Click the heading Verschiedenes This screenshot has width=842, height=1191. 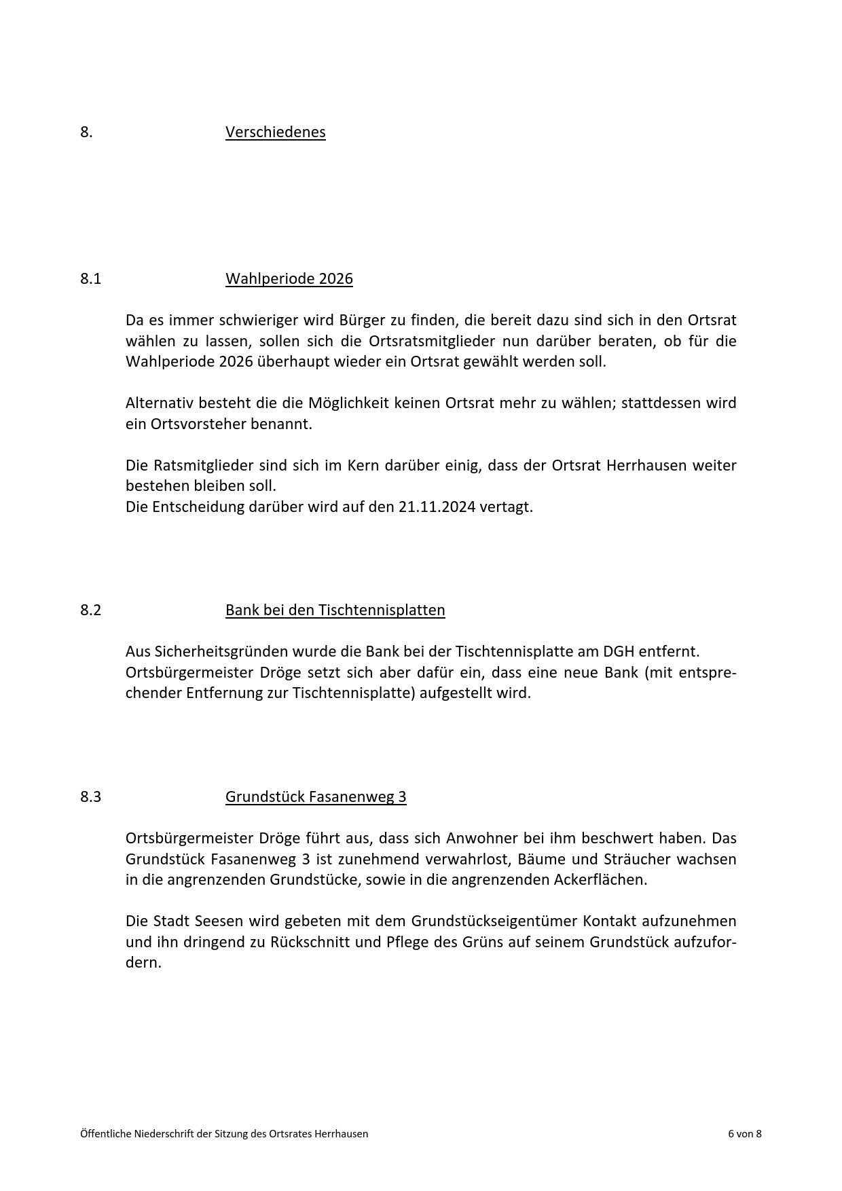(x=275, y=132)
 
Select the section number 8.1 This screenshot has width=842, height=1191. (x=90, y=278)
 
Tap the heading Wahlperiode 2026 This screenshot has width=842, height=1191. (x=289, y=278)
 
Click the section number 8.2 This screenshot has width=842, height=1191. (x=90, y=610)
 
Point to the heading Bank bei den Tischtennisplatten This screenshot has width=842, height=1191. (x=335, y=610)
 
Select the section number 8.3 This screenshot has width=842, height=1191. (x=90, y=796)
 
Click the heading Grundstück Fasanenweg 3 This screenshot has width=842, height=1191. (x=316, y=796)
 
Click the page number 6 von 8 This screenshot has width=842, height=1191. (x=744, y=1133)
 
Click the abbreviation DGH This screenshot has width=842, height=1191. (x=619, y=651)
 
